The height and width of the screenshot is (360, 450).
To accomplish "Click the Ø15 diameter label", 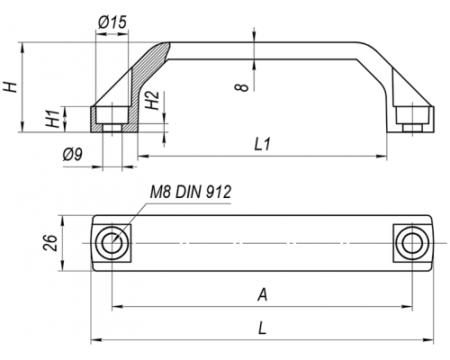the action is click(112, 22).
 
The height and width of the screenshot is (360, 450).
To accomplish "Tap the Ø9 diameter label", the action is click(72, 154).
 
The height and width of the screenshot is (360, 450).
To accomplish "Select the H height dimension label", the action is click(10, 86).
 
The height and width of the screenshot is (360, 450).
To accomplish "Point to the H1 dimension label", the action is click(53, 119).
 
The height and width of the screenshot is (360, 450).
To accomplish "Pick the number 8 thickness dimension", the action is click(242, 87).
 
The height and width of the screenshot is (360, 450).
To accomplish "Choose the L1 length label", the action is click(263, 145).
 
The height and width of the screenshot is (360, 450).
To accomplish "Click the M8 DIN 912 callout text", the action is click(191, 192).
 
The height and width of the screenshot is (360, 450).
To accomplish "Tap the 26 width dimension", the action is click(50, 243).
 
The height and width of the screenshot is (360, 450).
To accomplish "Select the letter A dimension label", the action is click(262, 294).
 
